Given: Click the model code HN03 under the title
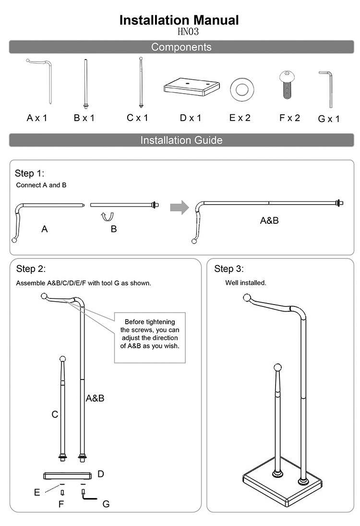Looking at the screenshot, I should [188, 32].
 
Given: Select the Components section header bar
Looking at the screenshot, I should [181, 47].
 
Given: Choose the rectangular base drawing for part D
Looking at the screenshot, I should [191, 86].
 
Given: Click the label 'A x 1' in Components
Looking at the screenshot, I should [36, 118].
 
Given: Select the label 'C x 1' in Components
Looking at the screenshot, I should [137, 118].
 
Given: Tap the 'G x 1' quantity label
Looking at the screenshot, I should [329, 119].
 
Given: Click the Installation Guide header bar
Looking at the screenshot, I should [181, 140].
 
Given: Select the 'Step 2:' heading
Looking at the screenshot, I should [31, 269].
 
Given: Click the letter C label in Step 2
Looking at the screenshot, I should [55, 414].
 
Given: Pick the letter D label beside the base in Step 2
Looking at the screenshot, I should [101, 474].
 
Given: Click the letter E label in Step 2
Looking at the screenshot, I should [37, 492].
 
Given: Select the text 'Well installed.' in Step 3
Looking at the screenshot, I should [246, 283].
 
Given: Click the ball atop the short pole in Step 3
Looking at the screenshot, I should [277, 368].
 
